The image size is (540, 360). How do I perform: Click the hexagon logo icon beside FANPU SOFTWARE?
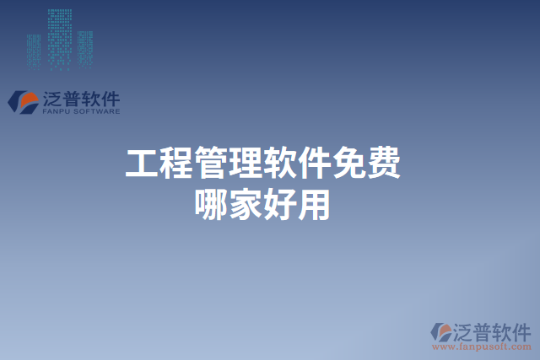(22, 102)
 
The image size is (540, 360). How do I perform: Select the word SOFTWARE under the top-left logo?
(95, 111)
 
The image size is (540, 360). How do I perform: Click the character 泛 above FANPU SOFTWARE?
(50, 98)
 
